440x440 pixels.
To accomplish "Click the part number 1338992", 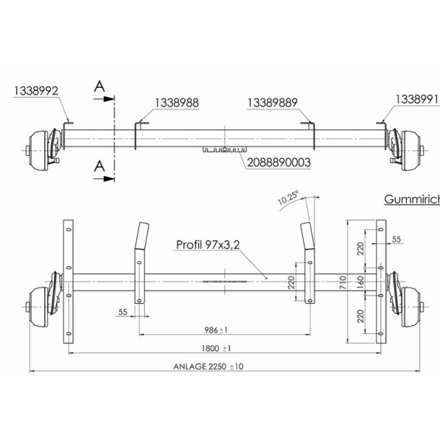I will point(35,90).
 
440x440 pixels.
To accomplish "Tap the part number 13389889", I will point(273,103).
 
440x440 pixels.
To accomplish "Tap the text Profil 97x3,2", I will point(208,245).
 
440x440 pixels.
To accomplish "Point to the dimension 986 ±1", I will point(216,330).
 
